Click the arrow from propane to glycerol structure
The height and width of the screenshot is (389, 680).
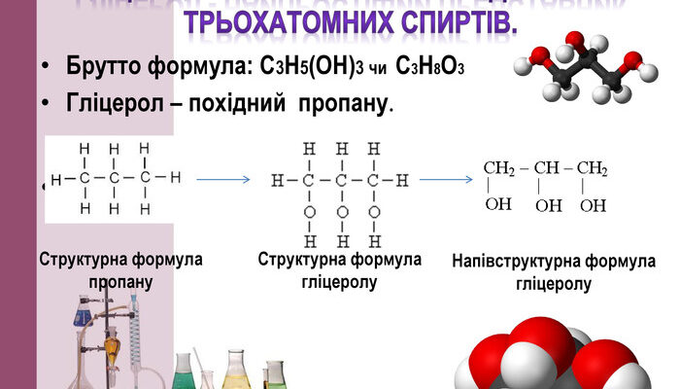222,179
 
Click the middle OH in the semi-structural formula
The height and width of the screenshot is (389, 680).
548,206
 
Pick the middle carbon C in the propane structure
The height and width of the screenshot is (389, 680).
115,179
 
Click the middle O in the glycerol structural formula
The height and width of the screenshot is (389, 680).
342,210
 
